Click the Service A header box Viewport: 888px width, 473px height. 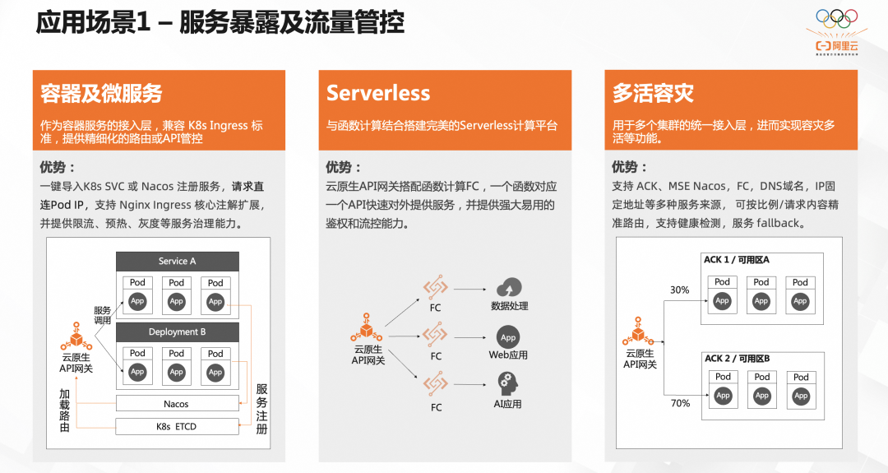click(x=177, y=262)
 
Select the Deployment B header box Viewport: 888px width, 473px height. click(x=177, y=332)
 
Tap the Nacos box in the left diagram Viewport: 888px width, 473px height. click(x=176, y=404)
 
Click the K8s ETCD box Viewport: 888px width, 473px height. click(x=176, y=427)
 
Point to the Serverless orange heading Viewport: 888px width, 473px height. click(x=378, y=93)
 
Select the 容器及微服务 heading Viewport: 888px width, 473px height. click(x=101, y=93)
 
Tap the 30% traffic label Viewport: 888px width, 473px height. click(x=679, y=290)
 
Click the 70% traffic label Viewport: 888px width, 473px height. click(x=680, y=403)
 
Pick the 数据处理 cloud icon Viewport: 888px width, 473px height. click(x=509, y=288)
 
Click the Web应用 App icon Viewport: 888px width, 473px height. click(x=508, y=337)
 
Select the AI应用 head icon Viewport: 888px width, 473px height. click(x=508, y=384)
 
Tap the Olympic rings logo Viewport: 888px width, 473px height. click(x=836, y=16)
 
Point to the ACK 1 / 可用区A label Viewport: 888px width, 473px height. click(x=737, y=260)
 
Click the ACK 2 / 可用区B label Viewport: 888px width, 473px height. click(x=737, y=359)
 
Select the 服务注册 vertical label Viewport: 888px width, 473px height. click(x=262, y=409)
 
